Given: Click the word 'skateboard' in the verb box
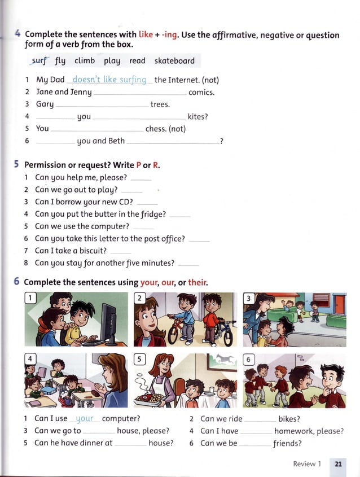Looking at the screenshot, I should [x=174, y=61].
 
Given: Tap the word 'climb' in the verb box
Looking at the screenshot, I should [x=85, y=61].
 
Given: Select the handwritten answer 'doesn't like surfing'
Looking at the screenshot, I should [x=109, y=80].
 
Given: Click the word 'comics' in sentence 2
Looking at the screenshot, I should [x=201, y=92].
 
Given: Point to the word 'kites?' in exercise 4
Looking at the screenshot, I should [x=197, y=117].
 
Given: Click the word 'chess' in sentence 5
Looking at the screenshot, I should [x=156, y=129].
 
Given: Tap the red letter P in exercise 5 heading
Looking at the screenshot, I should [x=139, y=165].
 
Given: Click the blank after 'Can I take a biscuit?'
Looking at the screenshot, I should [x=121, y=252].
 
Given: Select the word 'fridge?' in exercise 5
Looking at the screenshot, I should [x=152, y=215].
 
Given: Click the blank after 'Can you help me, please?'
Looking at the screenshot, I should [x=141, y=178].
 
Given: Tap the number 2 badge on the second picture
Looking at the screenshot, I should [x=139, y=298].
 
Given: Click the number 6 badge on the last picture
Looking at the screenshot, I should [x=248, y=359].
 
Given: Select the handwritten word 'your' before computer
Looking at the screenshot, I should [x=85, y=419].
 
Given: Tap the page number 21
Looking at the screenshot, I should [x=339, y=464].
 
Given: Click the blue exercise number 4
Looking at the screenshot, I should [x=18, y=34].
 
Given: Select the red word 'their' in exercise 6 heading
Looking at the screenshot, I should [x=197, y=282].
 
